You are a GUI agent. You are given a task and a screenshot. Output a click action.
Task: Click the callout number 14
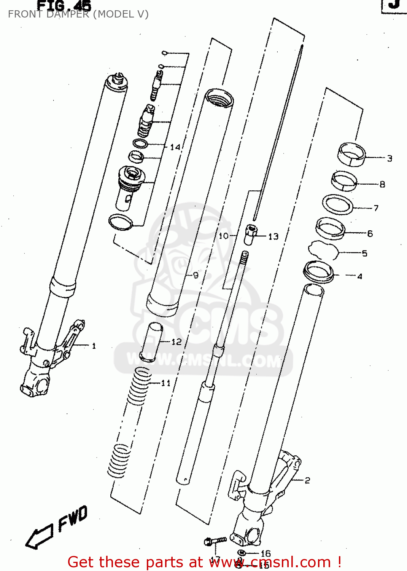click(175, 147)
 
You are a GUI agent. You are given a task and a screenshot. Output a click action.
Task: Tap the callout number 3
click(390, 158)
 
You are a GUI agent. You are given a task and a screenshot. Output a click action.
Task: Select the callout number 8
click(382, 184)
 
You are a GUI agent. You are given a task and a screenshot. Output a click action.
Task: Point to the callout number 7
click(376, 208)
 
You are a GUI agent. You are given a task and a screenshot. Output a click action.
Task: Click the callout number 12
click(176, 342)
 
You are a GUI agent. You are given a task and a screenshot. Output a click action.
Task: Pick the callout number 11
click(166, 383)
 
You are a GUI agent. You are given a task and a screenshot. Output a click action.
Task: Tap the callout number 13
click(273, 236)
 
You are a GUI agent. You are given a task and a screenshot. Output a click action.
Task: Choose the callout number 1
click(94, 346)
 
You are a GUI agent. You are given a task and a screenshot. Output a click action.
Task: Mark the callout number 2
click(307, 480)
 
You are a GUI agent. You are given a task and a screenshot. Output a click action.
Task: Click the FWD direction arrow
click(40, 537)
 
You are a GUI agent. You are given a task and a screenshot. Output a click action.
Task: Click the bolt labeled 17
click(215, 541)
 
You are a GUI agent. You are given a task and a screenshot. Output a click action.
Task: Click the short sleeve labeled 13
click(251, 235)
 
